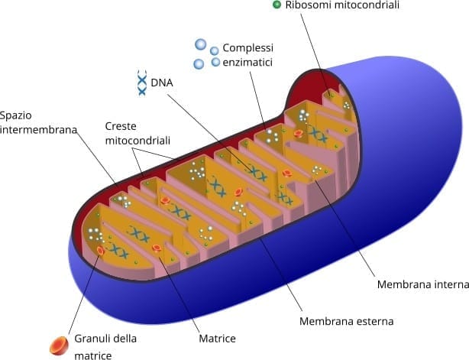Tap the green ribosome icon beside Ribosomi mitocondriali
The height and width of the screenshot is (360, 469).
277,5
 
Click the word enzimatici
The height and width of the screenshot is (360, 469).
247,62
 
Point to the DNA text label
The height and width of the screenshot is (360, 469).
162,82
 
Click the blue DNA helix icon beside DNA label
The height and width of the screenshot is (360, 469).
141,83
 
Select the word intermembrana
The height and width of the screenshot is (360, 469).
39,130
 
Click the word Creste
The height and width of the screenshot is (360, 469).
121,126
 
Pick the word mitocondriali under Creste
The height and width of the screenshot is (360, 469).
137,141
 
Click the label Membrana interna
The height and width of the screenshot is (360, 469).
422,285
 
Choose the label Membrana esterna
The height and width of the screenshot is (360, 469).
346,322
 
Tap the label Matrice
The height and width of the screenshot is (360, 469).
217,338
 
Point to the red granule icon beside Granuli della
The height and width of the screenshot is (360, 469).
59,346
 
